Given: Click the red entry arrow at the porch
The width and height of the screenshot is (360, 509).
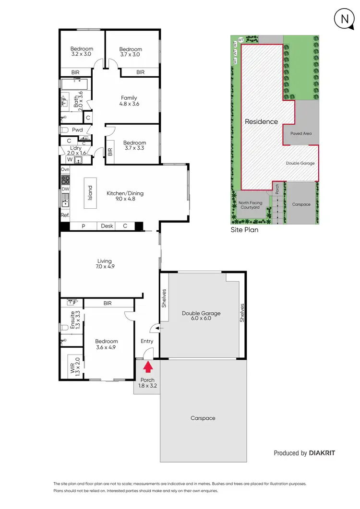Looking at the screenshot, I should pyautogui.click(x=148, y=367).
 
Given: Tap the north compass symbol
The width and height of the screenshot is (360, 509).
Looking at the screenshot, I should pyautogui.click(x=343, y=20).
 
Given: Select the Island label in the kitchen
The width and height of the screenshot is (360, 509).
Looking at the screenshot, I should pyautogui.click(x=89, y=193).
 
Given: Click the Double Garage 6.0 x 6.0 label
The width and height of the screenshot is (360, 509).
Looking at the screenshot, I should pyautogui.click(x=201, y=316).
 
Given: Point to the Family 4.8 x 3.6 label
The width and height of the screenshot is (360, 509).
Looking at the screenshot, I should pyautogui.click(x=129, y=101).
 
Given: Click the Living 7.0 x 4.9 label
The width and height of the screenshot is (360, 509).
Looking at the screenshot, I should pyautogui.click(x=104, y=264).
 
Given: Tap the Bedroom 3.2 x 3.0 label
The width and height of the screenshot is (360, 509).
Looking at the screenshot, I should pyautogui.click(x=82, y=51).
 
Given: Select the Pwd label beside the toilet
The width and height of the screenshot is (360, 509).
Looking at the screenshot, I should pyautogui.click(x=77, y=130).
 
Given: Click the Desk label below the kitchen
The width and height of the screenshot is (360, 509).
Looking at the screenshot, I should pyautogui.click(x=107, y=226).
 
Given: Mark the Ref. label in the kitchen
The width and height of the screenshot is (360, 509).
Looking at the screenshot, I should pyautogui.click(x=65, y=215).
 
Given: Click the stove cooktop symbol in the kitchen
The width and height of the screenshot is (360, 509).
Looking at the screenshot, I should pyautogui.click(x=65, y=180).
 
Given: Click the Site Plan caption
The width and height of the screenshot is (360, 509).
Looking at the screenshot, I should pyautogui.click(x=244, y=230).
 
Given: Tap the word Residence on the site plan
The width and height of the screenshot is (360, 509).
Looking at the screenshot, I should pyautogui.click(x=261, y=122).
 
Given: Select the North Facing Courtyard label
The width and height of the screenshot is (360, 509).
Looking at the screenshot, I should pyautogui.click(x=251, y=205).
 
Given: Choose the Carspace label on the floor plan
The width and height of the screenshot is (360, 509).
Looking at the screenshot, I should pyautogui.click(x=203, y=418).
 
